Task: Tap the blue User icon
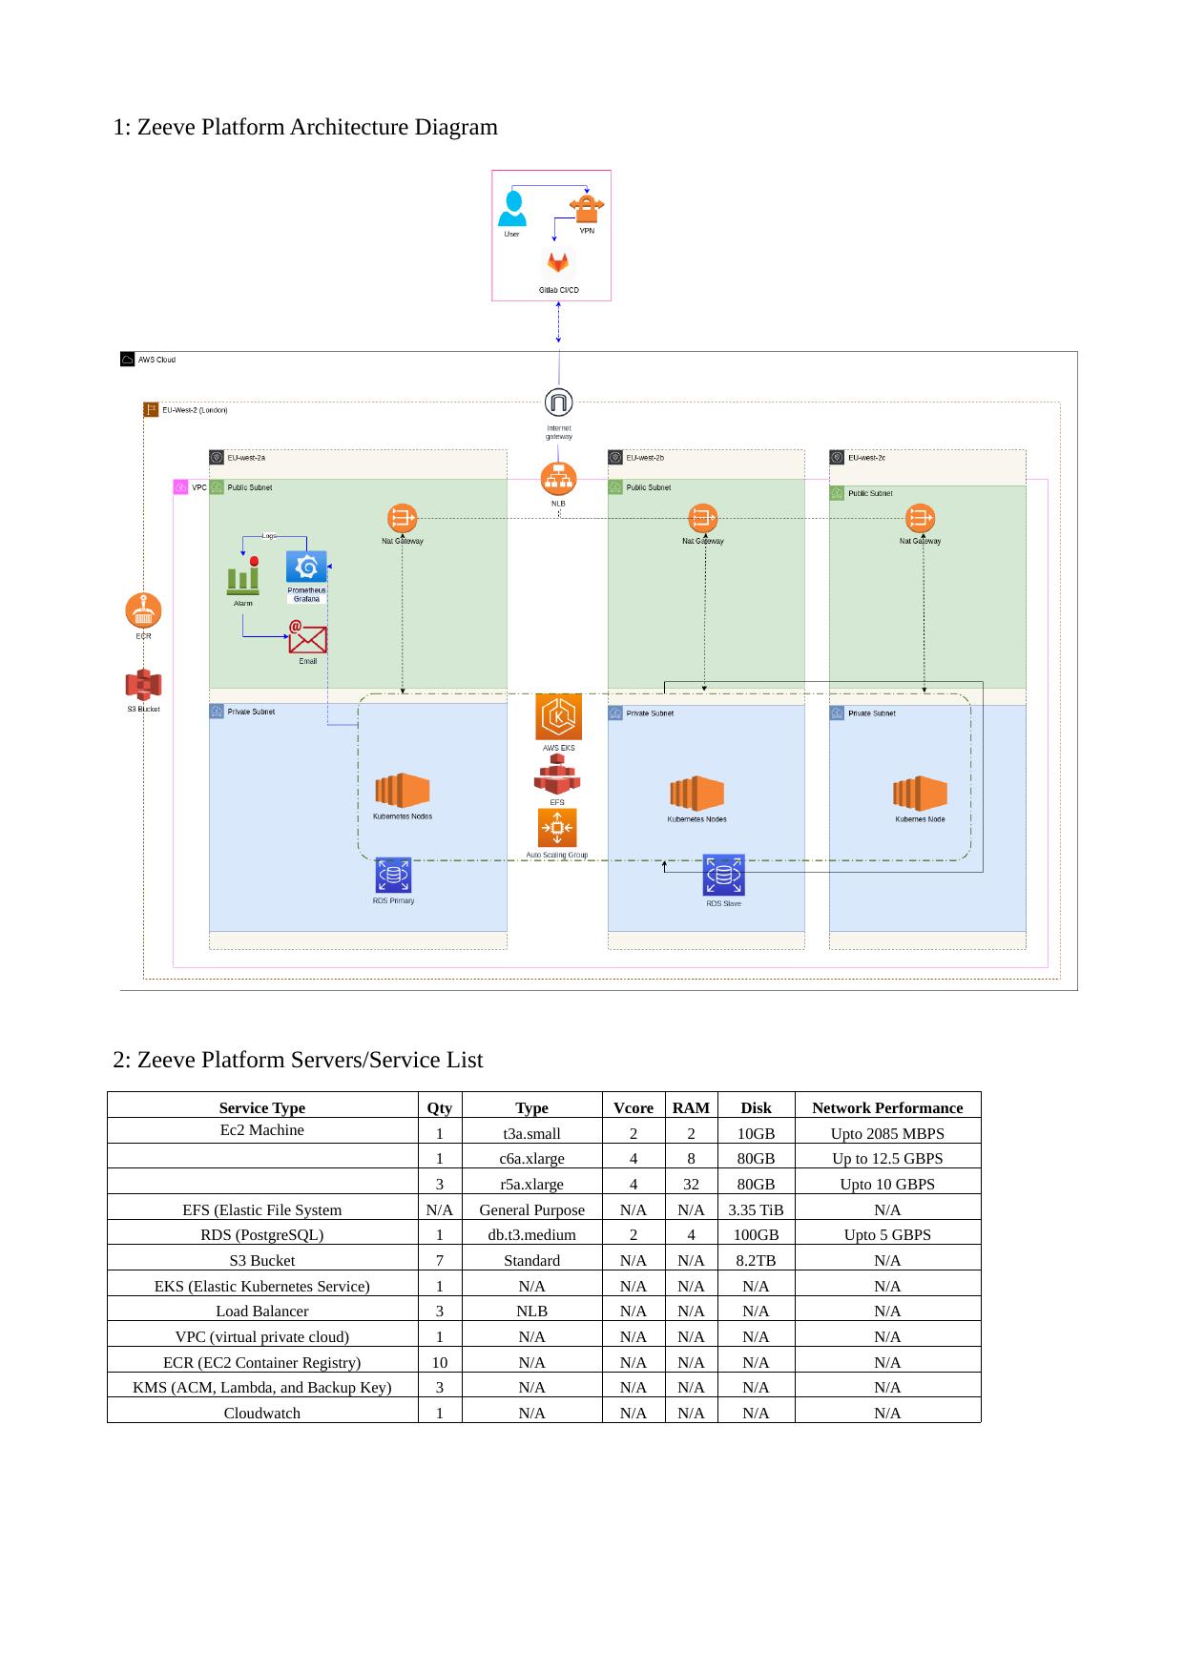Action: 512,208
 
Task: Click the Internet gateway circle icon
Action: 558,403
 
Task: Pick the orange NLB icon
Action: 558,479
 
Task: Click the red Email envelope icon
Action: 308,638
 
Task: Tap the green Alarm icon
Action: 243,575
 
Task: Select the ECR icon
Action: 143,610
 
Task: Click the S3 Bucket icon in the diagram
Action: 143,685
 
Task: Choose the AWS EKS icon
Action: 558,717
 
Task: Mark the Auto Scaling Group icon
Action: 557,828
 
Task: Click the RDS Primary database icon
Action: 393,875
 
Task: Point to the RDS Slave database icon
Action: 723,876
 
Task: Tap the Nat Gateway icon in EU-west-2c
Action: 920,519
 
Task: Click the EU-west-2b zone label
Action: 645,458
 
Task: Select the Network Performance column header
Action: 886,1107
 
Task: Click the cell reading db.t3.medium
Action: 531,1234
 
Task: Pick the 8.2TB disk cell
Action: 756,1260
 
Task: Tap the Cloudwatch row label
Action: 261,1413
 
